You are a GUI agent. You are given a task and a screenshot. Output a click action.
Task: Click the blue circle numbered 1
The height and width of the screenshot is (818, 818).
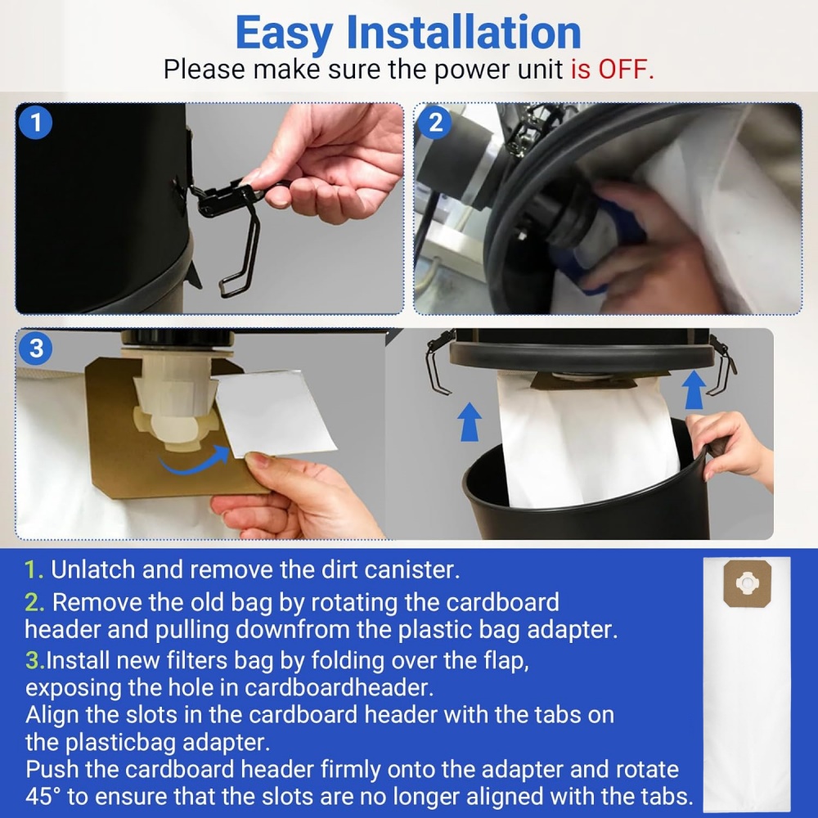35,123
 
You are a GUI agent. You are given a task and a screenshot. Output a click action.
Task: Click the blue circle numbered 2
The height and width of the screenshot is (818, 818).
435,123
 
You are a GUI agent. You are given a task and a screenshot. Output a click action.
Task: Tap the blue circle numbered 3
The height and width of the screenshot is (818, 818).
35,348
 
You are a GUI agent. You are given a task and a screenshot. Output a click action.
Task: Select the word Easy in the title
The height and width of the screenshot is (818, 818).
284,34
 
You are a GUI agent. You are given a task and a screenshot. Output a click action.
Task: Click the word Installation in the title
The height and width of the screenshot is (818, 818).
464,33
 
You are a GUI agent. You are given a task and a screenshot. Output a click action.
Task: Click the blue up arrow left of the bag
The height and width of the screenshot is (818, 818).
470,421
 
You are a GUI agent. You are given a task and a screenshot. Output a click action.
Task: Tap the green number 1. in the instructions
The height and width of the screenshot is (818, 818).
34,569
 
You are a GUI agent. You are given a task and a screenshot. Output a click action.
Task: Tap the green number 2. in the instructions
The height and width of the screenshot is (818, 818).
35,603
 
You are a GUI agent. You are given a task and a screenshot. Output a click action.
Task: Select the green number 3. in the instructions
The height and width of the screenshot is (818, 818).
35,661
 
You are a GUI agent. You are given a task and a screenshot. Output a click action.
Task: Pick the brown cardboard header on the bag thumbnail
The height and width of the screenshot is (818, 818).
748,584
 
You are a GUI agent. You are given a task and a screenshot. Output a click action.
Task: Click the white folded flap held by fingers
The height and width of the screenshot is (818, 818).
274,412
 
